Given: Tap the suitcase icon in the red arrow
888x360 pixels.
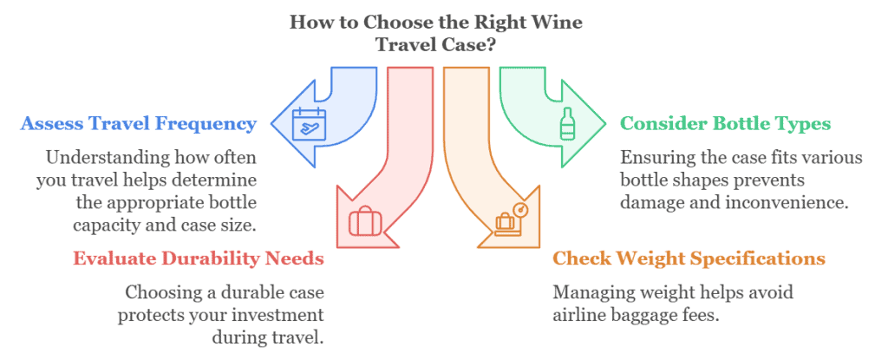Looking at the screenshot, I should point(364,220).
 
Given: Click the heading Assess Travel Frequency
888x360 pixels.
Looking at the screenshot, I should point(139,123).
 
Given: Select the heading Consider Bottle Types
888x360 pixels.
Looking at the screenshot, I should point(725,123).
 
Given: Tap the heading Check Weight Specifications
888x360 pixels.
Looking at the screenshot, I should point(689,259).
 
